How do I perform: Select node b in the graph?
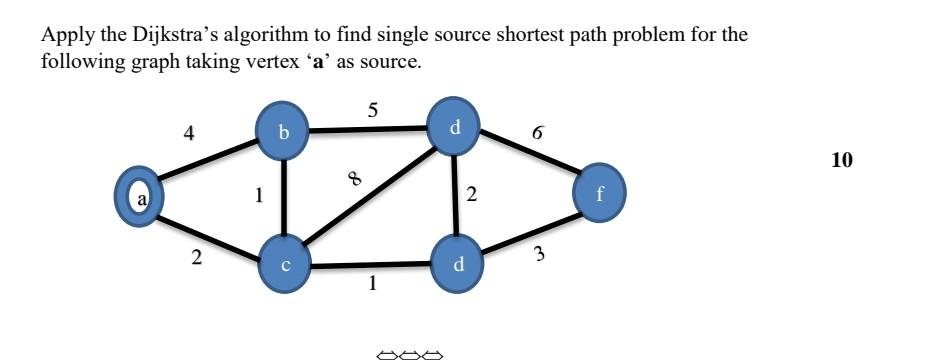pyautogui.click(x=284, y=132)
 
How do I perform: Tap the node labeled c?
pyautogui.click(x=286, y=265)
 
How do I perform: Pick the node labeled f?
pyautogui.click(x=599, y=194)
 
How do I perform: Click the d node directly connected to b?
pyautogui.click(x=456, y=127)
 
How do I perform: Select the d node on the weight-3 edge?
pyautogui.click(x=459, y=265)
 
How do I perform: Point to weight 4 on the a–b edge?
pyautogui.click(x=190, y=132)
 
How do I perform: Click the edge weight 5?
pyautogui.click(x=373, y=111)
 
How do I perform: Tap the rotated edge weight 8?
pyautogui.click(x=354, y=179)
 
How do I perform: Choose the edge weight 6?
pyautogui.click(x=538, y=132)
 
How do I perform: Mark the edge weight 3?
pyautogui.click(x=539, y=254)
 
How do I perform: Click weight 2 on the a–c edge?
pyautogui.click(x=197, y=258)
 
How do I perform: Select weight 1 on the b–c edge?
pyautogui.click(x=259, y=197)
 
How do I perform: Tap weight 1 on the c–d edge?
pyautogui.click(x=372, y=284)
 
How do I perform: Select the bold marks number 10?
pyautogui.click(x=842, y=159)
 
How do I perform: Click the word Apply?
pyautogui.click(x=62, y=36)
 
